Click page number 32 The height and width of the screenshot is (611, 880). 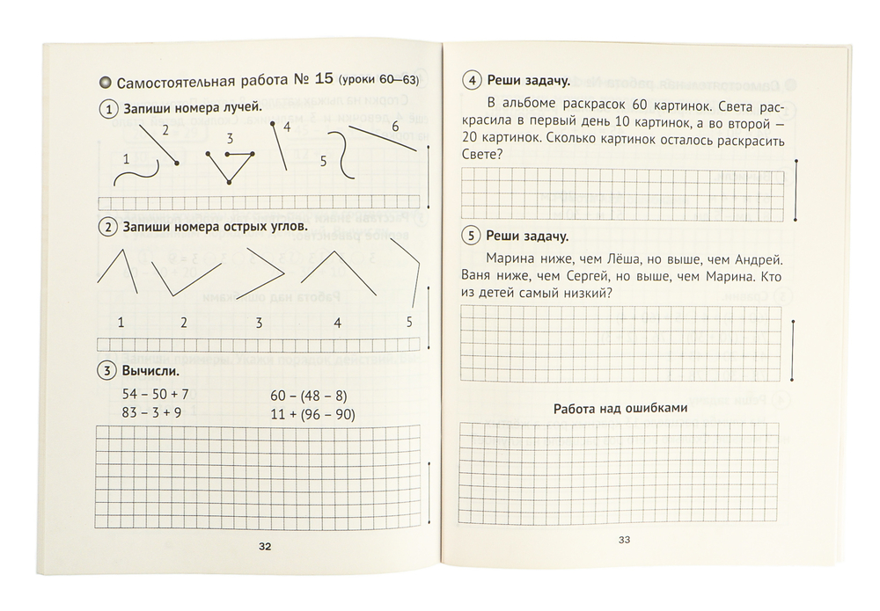(265, 546)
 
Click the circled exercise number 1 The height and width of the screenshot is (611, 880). (108, 110)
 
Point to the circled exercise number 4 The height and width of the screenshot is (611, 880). (472, 82)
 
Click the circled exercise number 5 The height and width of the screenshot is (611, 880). (472, 236)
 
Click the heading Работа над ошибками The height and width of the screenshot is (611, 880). (620, 408)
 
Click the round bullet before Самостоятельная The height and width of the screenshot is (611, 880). (106, 83)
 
